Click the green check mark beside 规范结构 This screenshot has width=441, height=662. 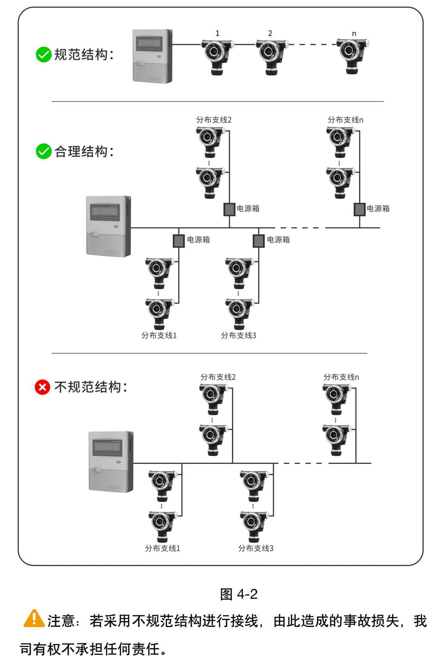[x=43, y=55]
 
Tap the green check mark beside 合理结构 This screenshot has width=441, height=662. [x=43, y=151]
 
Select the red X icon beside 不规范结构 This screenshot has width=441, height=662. [x=42, y=387]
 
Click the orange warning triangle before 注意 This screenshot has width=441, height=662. [x=34, y=619]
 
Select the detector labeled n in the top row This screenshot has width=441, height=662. [x=352, y=56]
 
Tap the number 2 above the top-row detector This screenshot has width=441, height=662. [x=270, y=33]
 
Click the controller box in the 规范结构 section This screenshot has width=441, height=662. [x=153, y=56]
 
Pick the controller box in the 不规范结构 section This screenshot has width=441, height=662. [x=111, y=462]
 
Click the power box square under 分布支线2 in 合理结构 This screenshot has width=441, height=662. [x=230, y=210]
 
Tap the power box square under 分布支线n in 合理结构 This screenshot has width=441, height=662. [x=359, y=210]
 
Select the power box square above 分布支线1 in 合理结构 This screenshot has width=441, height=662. [x=179, y=241]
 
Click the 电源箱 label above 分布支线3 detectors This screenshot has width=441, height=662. [x=278, y=240]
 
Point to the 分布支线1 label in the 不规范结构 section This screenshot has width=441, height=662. [x=163, y=548]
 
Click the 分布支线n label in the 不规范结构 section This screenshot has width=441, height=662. [x=341, y=377]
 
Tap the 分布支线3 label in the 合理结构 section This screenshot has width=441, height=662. [x=238, y=336]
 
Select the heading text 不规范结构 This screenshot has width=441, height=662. [x=88, y=387]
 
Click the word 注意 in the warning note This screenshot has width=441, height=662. [x=61, y=621]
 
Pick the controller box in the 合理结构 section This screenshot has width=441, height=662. [x=109, y=226]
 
